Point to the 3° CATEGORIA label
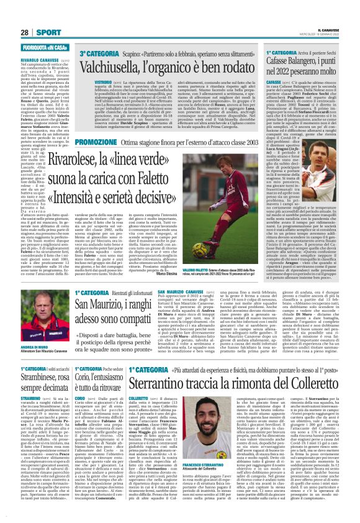[x=93, y=55]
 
